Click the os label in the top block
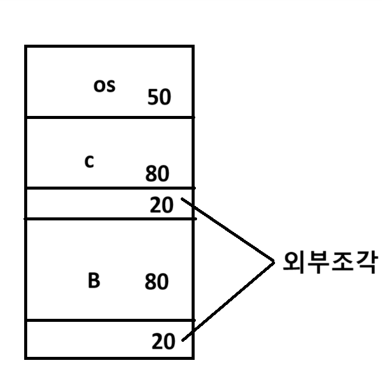click(104, 86)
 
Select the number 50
click(160, 97)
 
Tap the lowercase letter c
click(89, 162)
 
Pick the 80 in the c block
click(157, 174)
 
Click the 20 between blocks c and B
click(161, 205)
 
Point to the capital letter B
click(94, 281)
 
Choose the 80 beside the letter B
click(157, 281)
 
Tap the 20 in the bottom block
click(163, 342)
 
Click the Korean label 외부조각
click(331, 262)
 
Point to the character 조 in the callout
click(343, 262)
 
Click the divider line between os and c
click(109, 117)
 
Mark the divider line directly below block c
click(109, 187)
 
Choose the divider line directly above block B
click(109, 219)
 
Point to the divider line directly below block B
click(109, 320)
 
